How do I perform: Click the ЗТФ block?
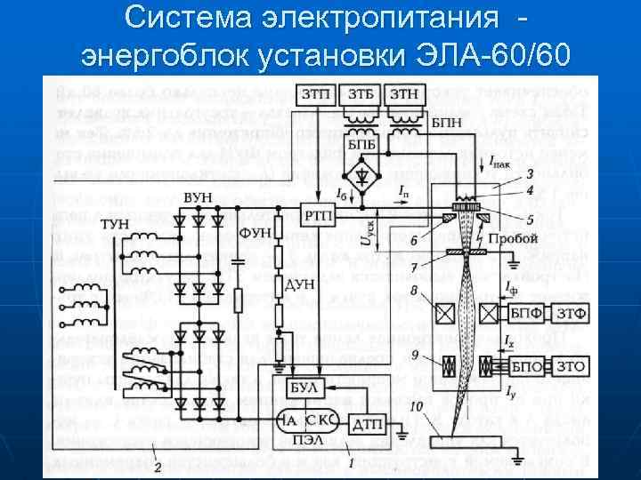point(569,312)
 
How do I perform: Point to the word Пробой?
point(513,239)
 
